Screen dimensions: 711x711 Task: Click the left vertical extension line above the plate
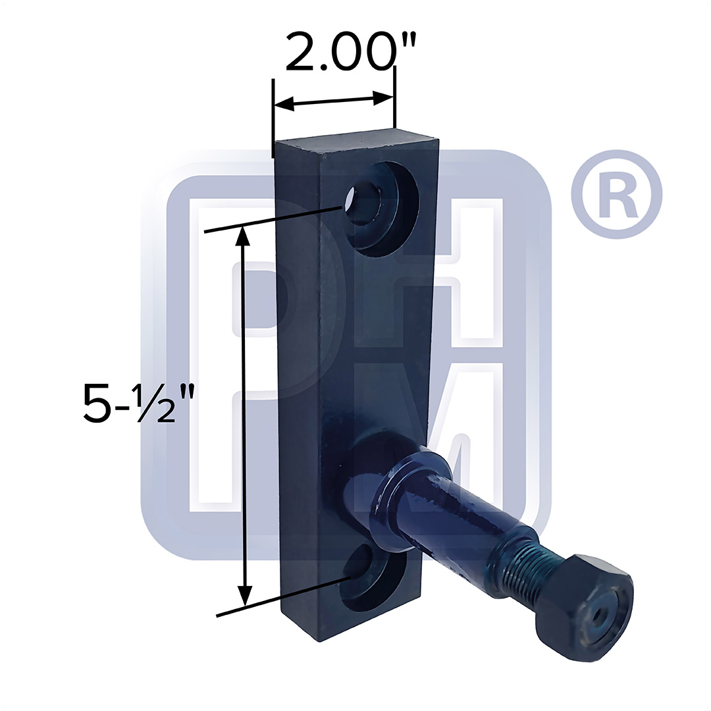pos(273,118)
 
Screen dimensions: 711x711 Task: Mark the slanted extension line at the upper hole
pos(276,219)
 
